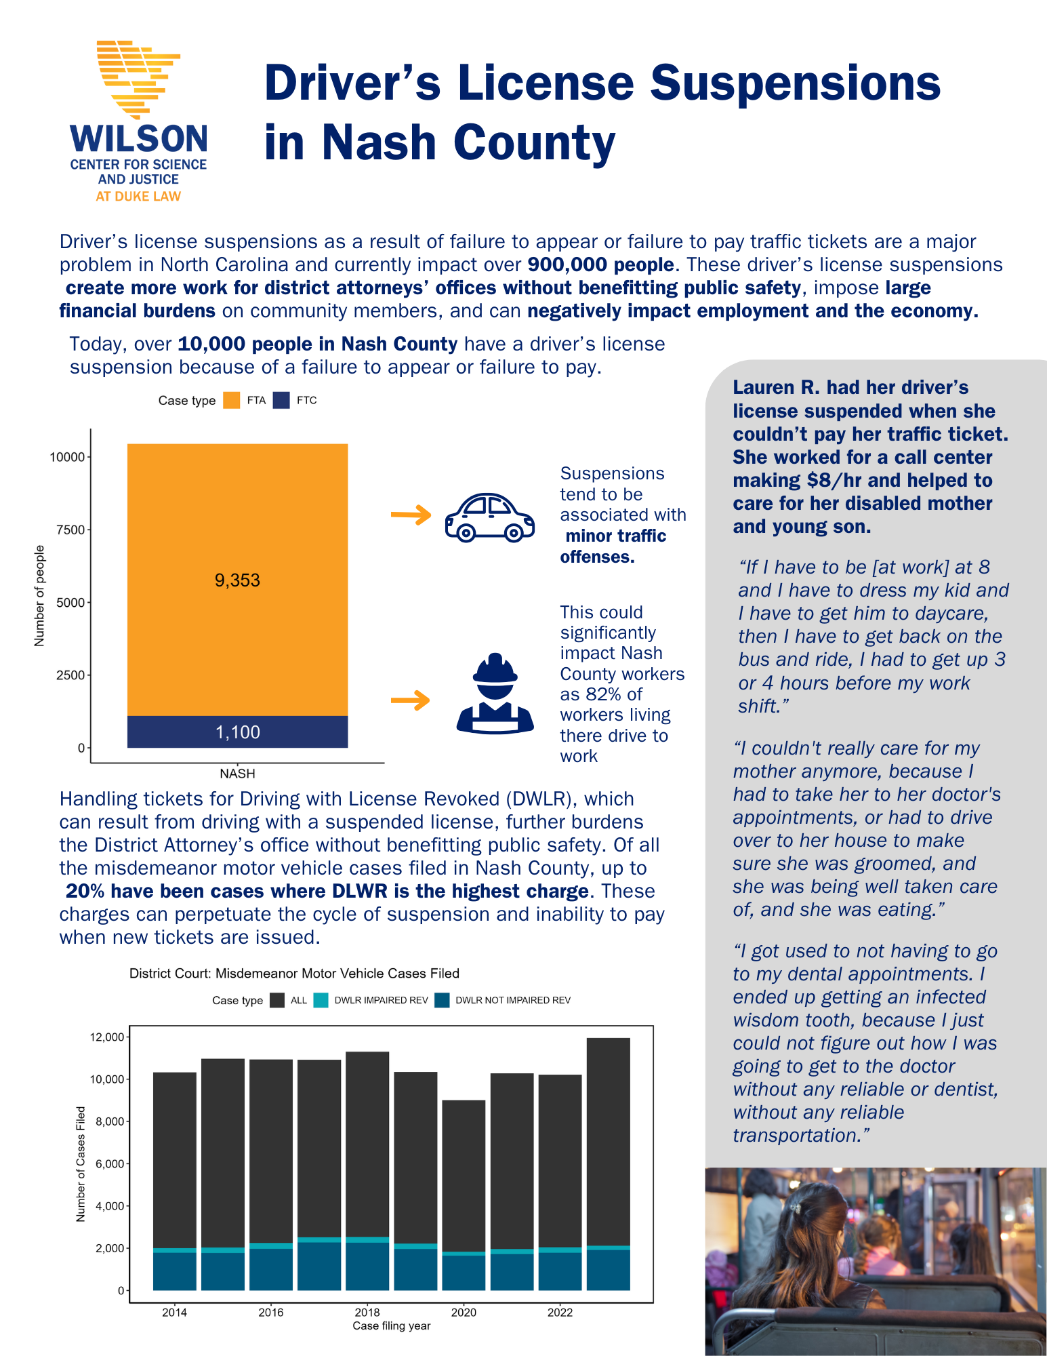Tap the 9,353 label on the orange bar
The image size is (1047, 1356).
[x=237, y=580]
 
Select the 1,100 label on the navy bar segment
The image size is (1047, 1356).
[x=237, y=732]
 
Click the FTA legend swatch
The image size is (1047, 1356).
[x=232, y=400]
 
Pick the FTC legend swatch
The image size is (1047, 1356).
[x=282, y=400]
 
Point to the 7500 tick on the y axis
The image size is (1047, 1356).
[x=71, y=530]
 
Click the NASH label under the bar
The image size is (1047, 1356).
[x=237, y=774]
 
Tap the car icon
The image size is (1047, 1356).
[x=489, y=517]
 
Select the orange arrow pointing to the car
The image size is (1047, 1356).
[x=411, y=515]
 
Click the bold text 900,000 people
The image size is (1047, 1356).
[x=600, y=264]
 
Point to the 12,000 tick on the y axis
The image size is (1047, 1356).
[x=107, y=1037]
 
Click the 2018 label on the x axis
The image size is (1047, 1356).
[x=367, y=1313]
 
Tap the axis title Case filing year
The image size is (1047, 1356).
[x=392, y=1326]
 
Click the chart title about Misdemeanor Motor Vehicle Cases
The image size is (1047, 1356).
[x=294, y=974]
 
